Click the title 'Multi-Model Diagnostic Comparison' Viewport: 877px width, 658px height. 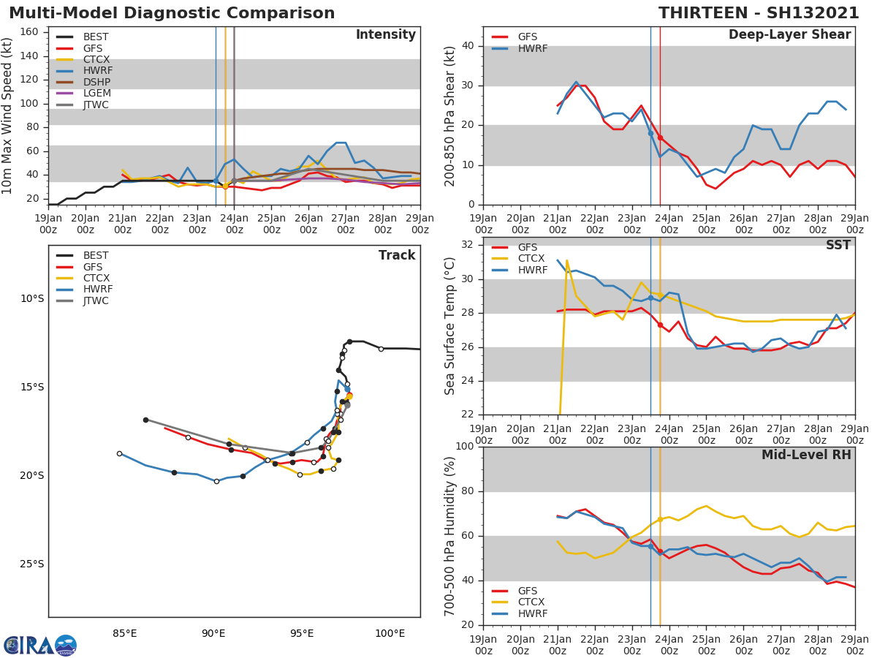coord(172,13)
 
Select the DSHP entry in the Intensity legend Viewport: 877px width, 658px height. coord(96,82)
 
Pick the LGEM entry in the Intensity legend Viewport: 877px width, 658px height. coord(96,93)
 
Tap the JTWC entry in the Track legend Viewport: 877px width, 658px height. coord(96,300)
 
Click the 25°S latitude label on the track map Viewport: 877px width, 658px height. coord(31,564)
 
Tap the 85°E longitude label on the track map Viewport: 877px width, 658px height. coord(125,633)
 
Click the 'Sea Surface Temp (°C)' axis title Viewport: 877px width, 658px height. coord(450,326)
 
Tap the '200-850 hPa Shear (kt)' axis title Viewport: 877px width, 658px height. coord(450,116)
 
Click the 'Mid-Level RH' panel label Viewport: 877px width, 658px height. coord(806,455)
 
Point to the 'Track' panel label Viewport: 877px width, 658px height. coord(397,255)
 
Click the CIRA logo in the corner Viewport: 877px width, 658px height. coord(39,645)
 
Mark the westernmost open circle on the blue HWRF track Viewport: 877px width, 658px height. coord(119,453)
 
